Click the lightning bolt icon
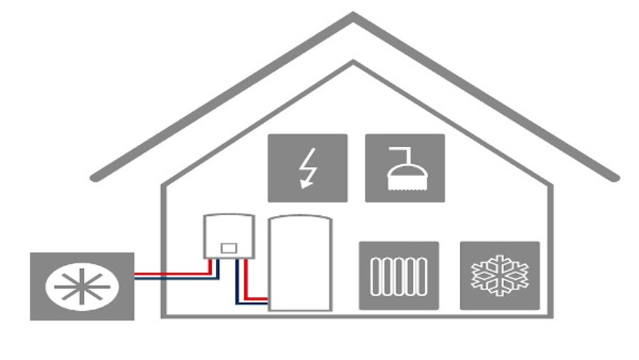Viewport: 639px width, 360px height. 307,168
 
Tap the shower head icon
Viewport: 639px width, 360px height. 405,168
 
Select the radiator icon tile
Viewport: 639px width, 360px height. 398,276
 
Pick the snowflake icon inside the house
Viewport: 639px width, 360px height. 500,276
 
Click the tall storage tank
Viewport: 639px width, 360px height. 300,266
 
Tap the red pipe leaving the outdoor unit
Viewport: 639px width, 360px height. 170,271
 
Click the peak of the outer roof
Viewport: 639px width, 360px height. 354,16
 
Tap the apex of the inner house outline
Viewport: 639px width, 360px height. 354,64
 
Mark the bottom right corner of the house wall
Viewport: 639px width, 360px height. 550,315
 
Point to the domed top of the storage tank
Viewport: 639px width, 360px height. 300,219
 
